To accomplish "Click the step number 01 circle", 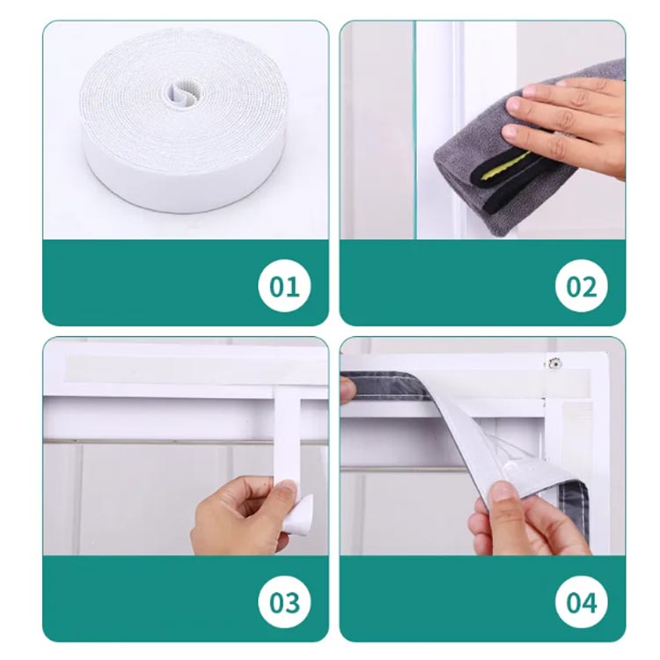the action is [x=284, y=286].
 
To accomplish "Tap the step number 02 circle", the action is [x=582, y=286].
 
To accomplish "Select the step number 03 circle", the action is [x=284, y=602].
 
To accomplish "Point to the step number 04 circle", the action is [x=582, y=602].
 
